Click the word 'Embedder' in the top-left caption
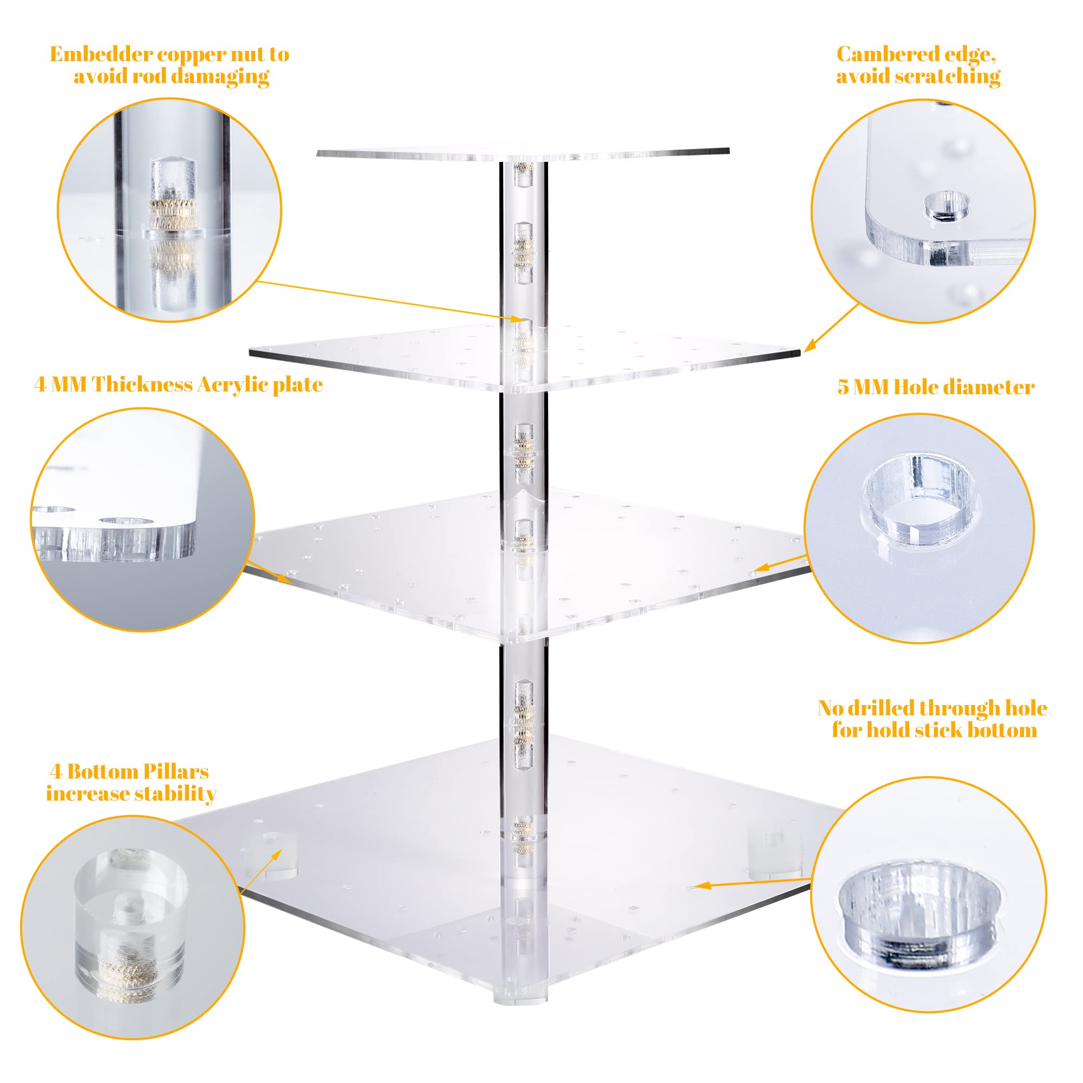(x=100, y=54)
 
